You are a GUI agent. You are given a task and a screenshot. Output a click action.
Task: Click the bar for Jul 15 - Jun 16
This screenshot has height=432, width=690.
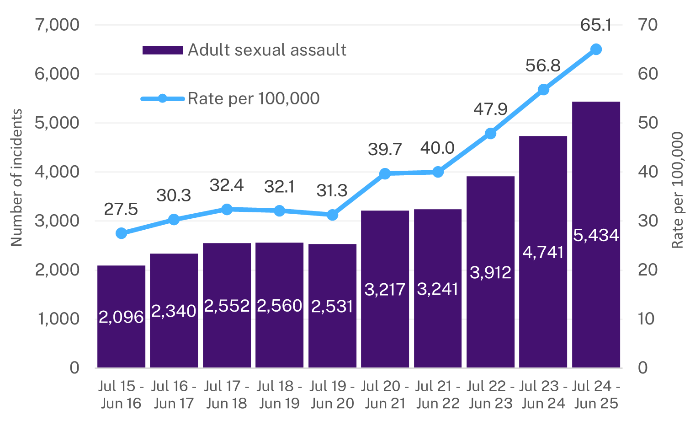click(121, 317)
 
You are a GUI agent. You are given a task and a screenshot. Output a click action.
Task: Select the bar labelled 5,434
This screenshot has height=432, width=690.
click(596, 235)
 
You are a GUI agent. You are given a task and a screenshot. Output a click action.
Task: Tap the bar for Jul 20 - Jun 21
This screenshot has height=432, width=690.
click(385, 289)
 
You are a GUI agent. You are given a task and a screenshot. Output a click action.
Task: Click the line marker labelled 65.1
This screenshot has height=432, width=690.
click(596, 49)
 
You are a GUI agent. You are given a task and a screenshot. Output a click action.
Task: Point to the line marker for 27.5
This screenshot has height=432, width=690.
click(121, 233)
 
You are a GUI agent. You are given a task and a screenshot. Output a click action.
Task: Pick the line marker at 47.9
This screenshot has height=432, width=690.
click(490, 134)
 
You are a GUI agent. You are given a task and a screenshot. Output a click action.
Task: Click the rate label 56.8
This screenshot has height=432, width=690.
click(543, 66)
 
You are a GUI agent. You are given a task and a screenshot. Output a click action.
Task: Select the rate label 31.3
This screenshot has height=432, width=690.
click(332, 190)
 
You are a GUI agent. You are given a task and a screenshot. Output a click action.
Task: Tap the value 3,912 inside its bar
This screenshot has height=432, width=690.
click(490, 273)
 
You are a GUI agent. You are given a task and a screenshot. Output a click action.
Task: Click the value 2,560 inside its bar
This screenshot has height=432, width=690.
click(279, 306)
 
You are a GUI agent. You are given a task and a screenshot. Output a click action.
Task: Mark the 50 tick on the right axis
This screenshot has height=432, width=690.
click(648, 123)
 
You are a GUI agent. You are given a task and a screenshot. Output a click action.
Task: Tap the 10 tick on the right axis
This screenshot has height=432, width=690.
click(647, 319)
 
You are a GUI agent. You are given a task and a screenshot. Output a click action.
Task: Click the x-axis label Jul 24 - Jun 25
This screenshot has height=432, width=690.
click(596, 394)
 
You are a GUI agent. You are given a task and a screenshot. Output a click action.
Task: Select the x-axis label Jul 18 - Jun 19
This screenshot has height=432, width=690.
click(279, 394)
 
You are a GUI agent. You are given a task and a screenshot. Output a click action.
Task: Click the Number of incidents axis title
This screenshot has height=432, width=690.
click(16, 178)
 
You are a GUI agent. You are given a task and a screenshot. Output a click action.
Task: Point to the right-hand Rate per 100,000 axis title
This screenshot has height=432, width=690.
click(677, 190)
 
